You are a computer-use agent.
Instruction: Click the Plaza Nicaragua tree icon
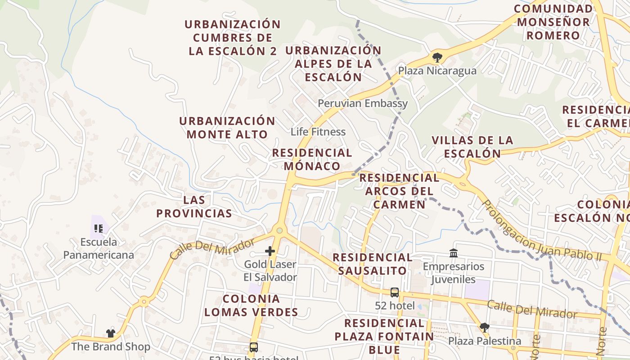437,57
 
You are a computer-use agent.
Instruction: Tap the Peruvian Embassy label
363,103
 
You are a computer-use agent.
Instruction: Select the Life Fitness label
318,132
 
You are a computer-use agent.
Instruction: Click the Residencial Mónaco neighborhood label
312,159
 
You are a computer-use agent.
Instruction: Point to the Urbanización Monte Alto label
227,128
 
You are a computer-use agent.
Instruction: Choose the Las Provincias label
194,207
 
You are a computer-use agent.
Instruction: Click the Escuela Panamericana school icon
99,229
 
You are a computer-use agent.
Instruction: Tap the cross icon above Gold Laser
270,251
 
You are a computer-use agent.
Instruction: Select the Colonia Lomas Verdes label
251,306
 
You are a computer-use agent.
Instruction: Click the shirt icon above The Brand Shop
111,333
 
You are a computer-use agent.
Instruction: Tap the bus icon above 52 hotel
395,292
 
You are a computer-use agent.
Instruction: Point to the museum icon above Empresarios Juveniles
454,253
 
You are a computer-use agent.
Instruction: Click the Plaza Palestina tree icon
484,327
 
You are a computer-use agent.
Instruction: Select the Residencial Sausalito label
372,264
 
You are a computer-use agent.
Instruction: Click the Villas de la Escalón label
472,147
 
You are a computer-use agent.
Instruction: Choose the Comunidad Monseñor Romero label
553,22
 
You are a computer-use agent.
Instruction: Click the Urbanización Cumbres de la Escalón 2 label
233,37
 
